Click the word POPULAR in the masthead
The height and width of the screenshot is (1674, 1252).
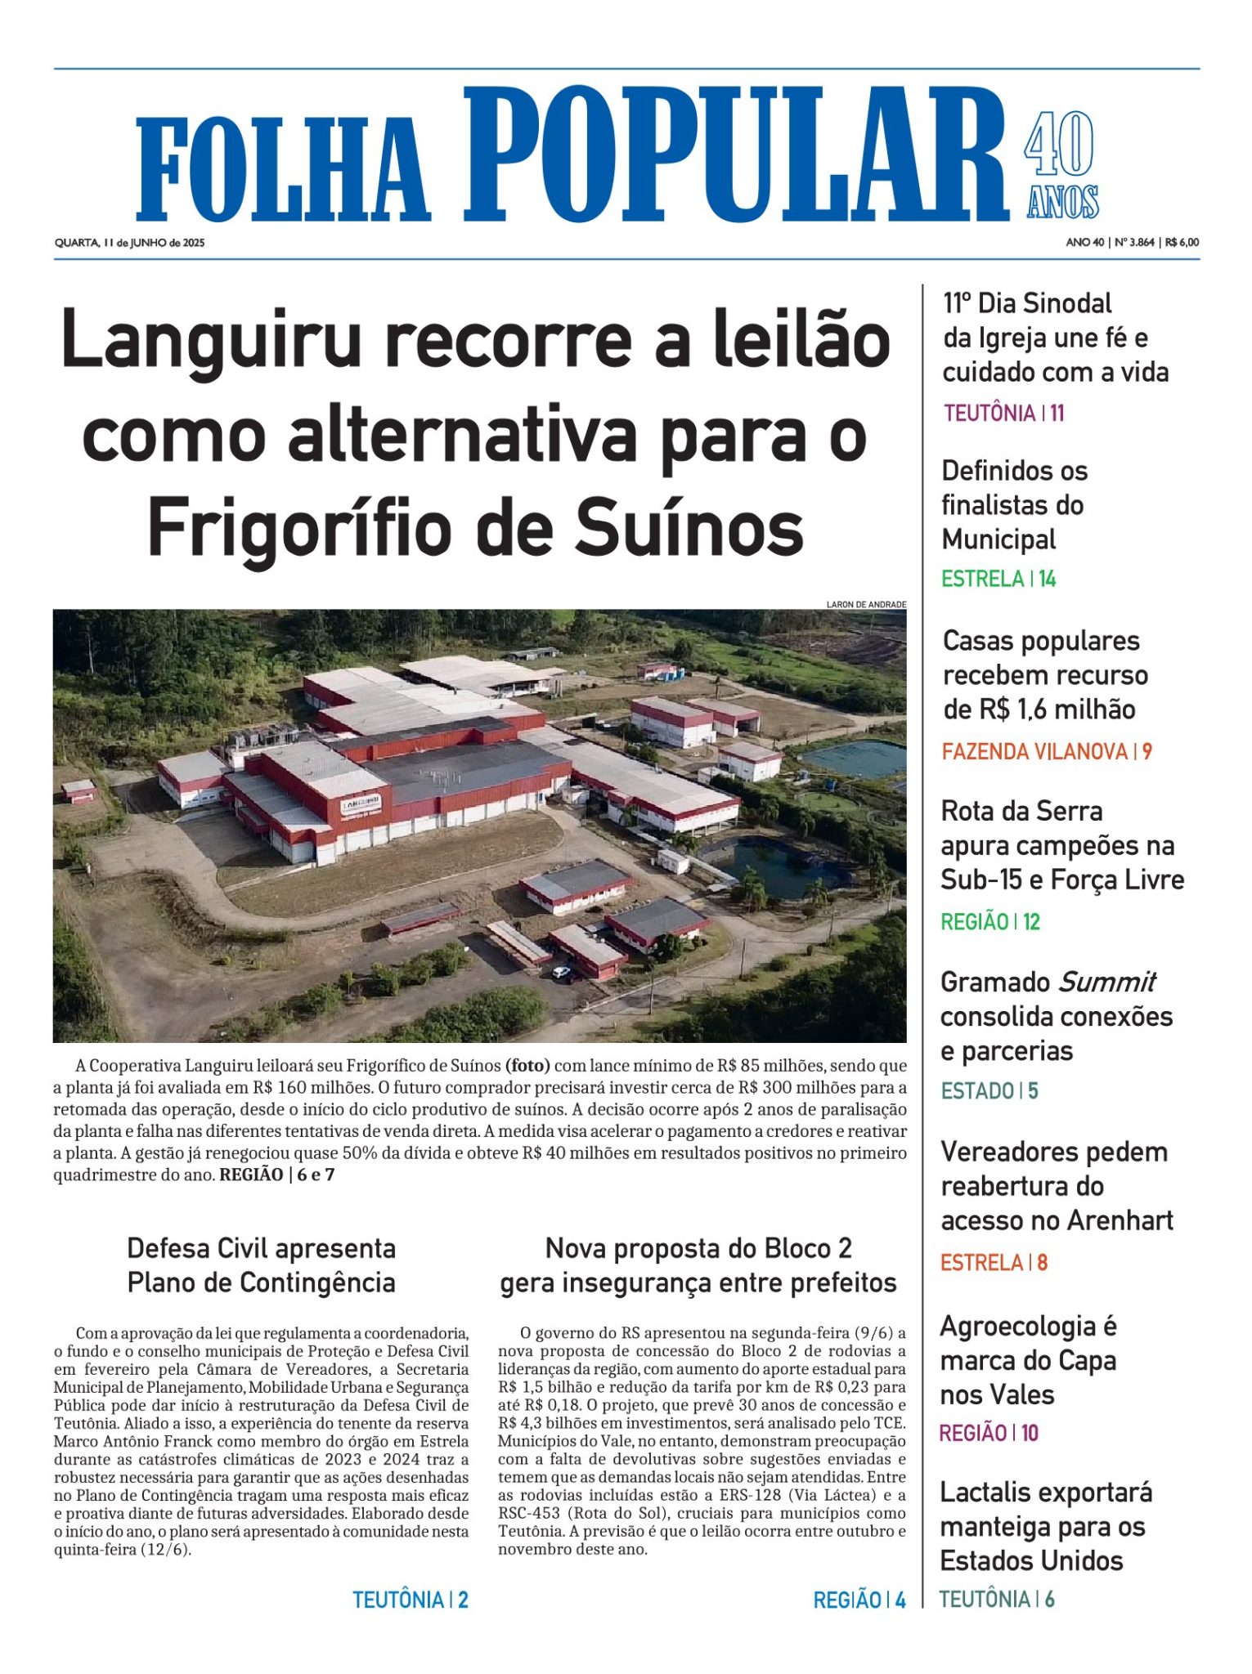pos(735,155)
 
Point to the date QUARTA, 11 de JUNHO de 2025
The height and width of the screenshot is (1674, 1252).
pos(129,243)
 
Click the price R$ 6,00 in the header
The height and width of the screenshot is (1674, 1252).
pos(1182,243)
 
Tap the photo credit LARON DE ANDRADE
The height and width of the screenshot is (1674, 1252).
pos(866,605)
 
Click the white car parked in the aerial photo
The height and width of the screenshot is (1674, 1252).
pos(561,973)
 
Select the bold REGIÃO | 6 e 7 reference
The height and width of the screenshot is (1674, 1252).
pos(277,1175)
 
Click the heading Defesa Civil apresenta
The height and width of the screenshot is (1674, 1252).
pos(261,1249)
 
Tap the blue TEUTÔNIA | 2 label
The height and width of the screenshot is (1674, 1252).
pos(410,1600)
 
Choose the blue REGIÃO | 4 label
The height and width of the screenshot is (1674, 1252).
pos(859,1600)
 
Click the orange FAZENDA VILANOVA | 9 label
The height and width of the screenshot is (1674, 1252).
pos(1046,752)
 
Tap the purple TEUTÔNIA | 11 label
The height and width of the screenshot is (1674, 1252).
pos(1003,414)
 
